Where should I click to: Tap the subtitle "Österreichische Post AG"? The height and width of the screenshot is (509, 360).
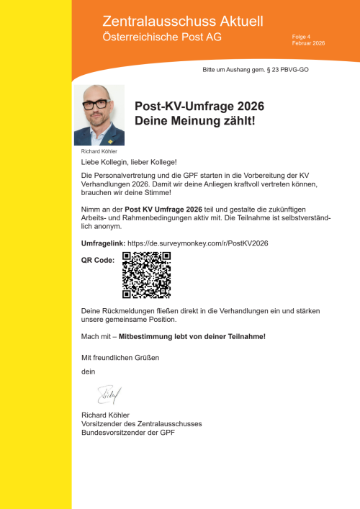pos(162,37)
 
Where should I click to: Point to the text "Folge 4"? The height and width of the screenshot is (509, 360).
pos(301,37)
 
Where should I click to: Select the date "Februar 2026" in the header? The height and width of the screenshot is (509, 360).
pos(308,44)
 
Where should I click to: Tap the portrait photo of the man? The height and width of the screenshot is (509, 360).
pos(99,115)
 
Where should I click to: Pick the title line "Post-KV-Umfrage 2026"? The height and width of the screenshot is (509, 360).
pos(199,106)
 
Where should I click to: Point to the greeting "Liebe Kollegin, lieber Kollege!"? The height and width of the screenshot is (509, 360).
pos(129,163)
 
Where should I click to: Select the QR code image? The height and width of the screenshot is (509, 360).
pos(147,274)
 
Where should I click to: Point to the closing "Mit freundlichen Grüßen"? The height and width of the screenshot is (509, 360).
pos(120,358)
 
